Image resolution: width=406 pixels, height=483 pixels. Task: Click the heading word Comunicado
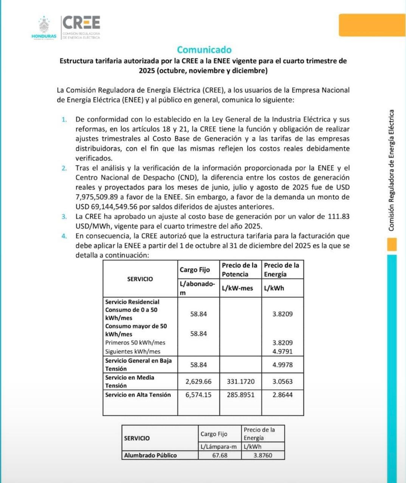204,50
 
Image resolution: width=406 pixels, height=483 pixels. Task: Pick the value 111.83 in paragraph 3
338,217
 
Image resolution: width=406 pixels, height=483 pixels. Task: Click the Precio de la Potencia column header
240,269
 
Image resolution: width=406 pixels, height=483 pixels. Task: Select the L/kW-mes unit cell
237,288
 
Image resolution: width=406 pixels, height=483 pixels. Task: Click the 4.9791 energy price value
282,351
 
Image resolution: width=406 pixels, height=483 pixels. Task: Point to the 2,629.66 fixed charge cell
198,381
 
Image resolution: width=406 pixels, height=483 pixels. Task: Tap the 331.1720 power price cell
240,381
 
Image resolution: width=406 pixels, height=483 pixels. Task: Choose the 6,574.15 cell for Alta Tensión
198,395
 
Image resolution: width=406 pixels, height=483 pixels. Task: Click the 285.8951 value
240,395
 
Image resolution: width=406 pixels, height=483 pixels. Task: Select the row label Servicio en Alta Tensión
138,395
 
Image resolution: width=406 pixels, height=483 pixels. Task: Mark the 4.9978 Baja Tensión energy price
282,365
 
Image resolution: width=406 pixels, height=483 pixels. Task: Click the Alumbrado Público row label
150,455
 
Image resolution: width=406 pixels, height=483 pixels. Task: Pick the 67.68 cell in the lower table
220,455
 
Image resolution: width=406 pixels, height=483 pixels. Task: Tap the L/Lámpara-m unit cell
220,446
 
